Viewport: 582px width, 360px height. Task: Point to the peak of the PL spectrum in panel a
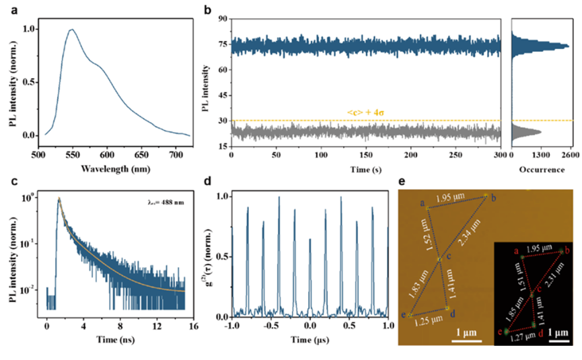point(71,30)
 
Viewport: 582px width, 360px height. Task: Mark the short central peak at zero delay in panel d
point(310,238)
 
